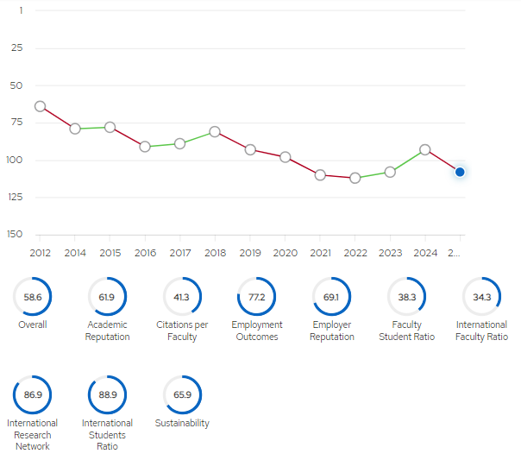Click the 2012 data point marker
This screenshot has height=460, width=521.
pos(40,106)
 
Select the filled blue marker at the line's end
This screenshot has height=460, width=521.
pos(460,172)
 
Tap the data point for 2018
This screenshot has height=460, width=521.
pos(215,132)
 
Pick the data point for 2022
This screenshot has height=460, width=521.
pos(355,178)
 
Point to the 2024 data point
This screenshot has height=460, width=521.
pos(425,149)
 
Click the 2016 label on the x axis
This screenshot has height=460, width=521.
pos(145,253)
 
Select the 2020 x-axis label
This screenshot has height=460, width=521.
pos(286,253)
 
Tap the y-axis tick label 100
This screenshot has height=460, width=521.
pos(15,160)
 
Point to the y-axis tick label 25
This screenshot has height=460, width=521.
pos(16,47)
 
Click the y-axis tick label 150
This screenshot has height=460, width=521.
pos(15,235)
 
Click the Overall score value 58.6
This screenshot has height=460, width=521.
pos(33,297)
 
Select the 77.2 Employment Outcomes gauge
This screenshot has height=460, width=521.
pos(256,297)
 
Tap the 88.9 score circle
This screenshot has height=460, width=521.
pos(107,395)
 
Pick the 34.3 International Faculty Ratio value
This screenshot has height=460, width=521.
pos(482,297)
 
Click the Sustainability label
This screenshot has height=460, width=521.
pos(182,423)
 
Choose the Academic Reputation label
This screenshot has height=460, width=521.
pos(107,331)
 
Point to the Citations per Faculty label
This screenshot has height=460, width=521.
pos(182,331)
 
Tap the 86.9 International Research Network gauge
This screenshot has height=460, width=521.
pos(32,395)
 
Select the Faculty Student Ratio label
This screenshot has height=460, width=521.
pos(406,331)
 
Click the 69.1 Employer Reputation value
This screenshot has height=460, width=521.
pos(331,297)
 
